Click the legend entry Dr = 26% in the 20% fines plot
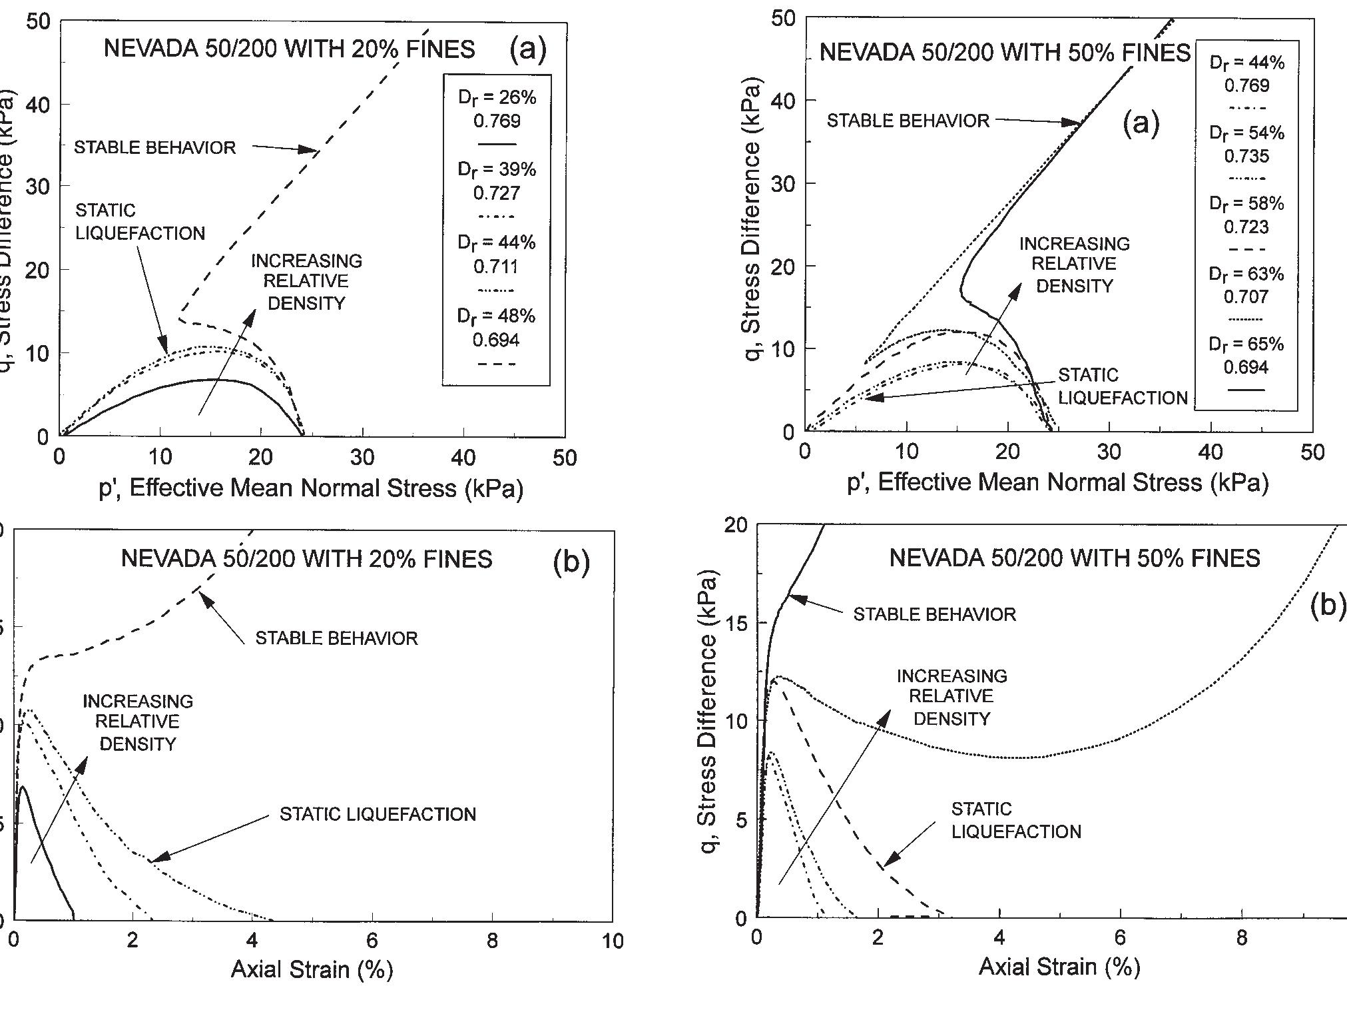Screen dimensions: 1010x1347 (496, 98)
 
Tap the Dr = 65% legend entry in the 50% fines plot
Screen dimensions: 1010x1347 (1246, 344)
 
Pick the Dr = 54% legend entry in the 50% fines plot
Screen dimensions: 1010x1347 (1246, 133)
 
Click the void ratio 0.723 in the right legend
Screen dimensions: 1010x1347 (1246, 227)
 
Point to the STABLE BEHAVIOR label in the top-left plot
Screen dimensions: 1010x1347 (154, 147)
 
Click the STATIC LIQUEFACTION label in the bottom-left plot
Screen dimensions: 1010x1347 (378, 814)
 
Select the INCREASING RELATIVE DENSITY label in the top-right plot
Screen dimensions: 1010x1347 (1074, 264)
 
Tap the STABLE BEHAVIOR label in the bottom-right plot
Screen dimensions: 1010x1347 (934, 614)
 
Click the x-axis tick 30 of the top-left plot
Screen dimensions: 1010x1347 (362, 458)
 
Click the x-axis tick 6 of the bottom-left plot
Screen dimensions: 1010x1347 (372, 941)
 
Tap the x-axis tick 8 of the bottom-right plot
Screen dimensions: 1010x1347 (1241, 938)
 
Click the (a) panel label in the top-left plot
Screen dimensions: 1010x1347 (527, 49)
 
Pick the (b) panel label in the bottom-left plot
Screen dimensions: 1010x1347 (571, 564)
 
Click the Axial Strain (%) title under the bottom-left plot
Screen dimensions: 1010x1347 (312, 969)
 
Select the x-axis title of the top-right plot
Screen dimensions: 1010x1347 (1057, 482)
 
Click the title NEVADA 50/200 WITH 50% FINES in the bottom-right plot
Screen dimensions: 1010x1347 (1074, 558)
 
